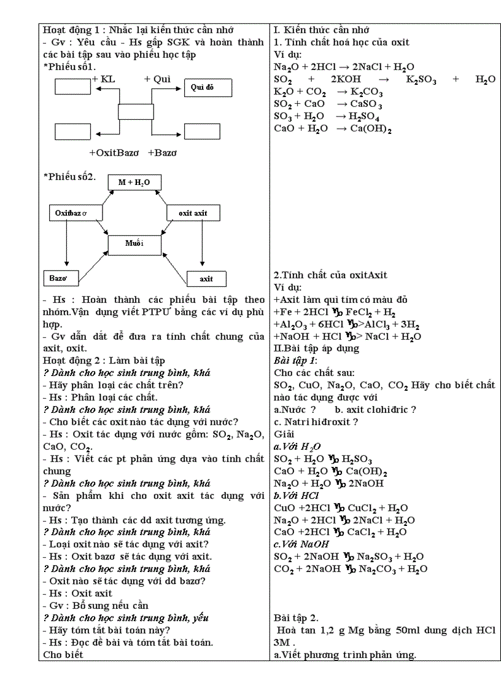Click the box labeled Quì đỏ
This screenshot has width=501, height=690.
point(208,88)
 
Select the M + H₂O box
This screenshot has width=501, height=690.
point(134,182)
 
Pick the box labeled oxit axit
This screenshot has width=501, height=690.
point(193,213)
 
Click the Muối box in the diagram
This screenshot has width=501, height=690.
point(134,244)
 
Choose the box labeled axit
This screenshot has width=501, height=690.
point(206,279)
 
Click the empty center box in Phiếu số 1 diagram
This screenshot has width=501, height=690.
point(136,112)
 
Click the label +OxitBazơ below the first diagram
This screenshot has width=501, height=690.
point(114,152)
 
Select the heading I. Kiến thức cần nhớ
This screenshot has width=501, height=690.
point(321,29)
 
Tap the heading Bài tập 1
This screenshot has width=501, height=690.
point(295,360)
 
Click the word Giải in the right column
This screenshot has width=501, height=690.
point(284,434)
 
